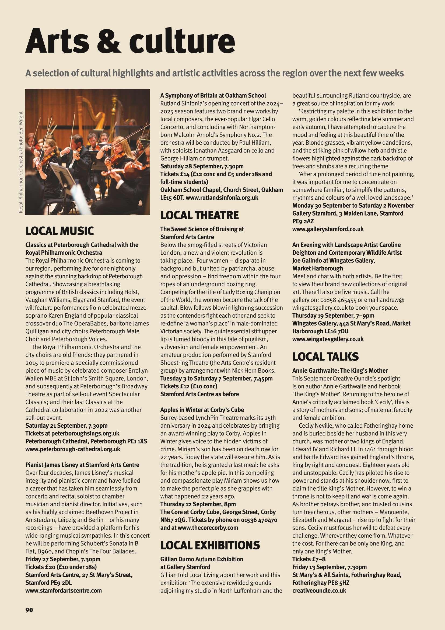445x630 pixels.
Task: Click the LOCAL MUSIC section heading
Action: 59,231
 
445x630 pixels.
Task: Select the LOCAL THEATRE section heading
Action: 199,215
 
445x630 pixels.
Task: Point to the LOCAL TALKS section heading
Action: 325,356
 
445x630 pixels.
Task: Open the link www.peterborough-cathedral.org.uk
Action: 73,449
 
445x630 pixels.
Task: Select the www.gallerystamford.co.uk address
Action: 328,229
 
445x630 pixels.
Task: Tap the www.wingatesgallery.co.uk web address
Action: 328,339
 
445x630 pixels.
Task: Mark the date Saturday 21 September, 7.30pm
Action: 66,425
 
